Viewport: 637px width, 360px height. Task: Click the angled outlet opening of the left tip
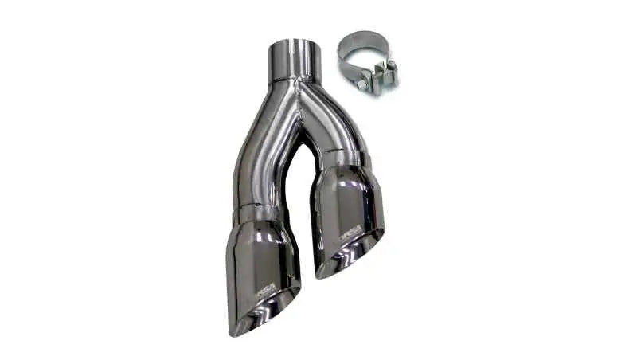263,315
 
